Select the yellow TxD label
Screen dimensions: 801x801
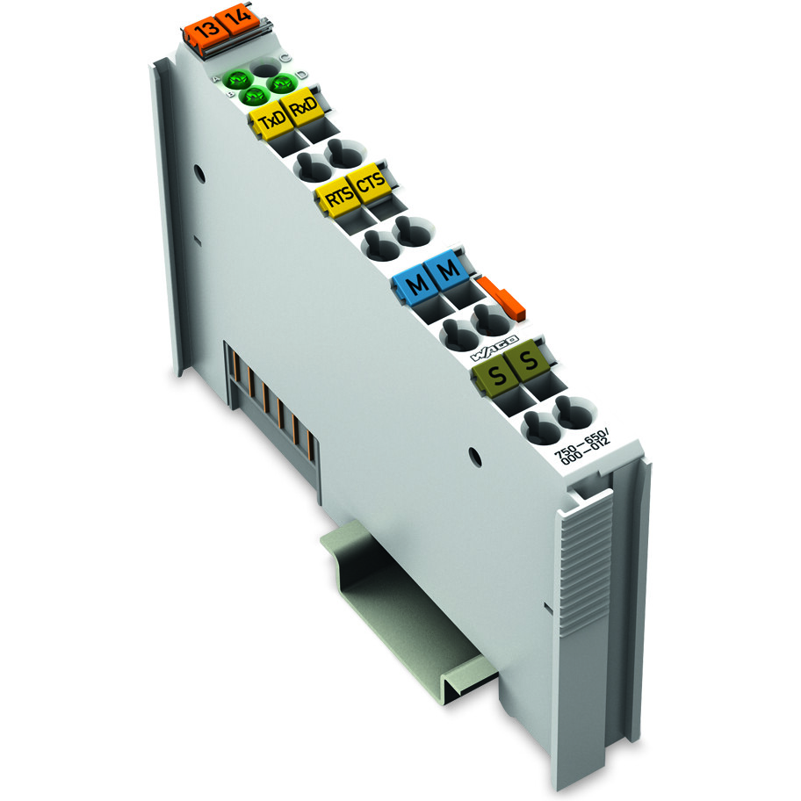pos(271,121)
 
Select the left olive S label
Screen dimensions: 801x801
pos(495,378)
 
